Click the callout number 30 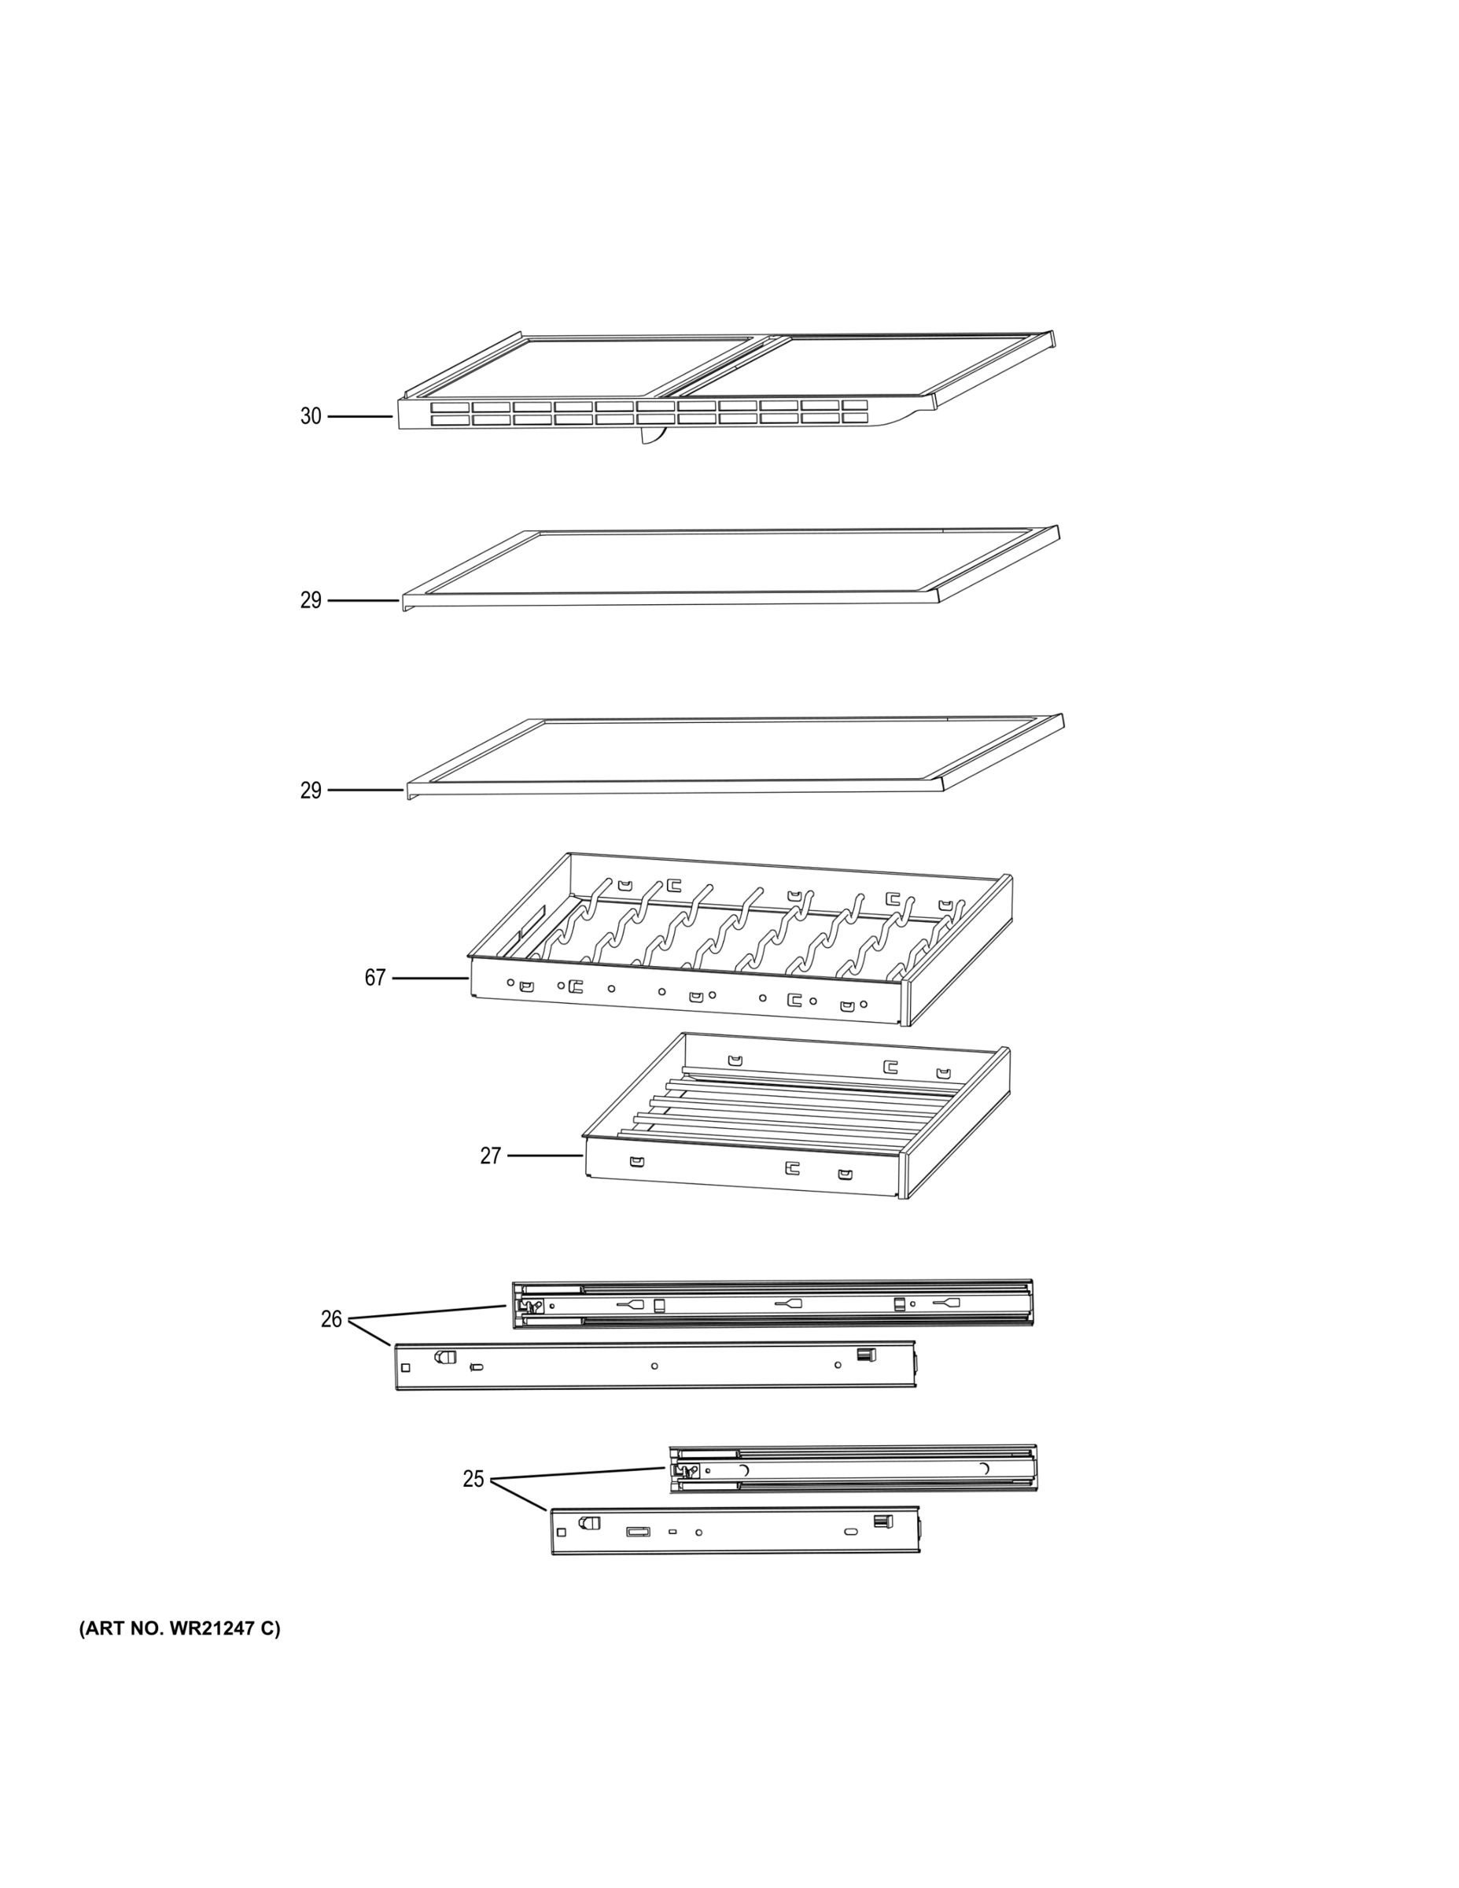(x=311, y=417)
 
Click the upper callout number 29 (x=311, y=600)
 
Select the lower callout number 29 (x=311, y=790)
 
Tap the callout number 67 (x=374, y=979)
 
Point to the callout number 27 (x=490, y=1156)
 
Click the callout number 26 (x=331, y=1319)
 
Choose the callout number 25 (x=473, y=1479)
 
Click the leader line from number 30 (x=359, y=417)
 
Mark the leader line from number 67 (x=430, y=979)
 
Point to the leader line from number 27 (x=544, y=1156)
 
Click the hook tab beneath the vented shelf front (x=654, y=437)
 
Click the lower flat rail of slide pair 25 (x=735, y=1531)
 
